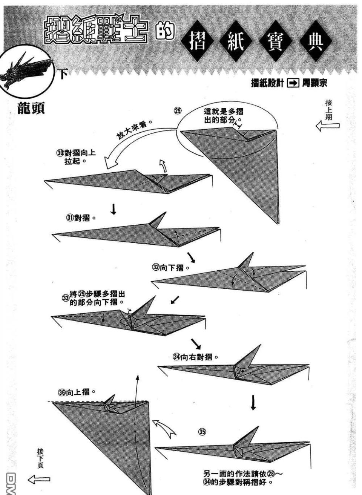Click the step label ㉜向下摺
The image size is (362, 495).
[170, 267]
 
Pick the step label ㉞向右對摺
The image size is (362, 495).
[195, 357]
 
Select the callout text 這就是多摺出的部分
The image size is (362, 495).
[223, 115]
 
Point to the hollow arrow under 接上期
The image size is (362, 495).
[327, 126]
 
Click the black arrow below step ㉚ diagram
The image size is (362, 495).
[113, 210]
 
